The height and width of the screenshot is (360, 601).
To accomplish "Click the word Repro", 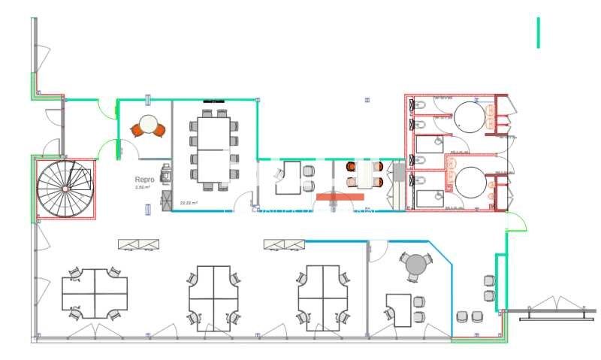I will (144, 180).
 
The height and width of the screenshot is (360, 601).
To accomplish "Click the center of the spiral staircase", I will (65, 188).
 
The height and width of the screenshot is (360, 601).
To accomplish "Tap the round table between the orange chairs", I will (149, 123).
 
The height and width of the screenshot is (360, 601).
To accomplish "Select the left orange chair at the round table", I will (137, 130).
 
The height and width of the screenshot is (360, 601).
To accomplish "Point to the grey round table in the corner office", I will (415, 265).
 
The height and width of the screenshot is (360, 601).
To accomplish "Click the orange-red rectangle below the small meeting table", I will (340, 197).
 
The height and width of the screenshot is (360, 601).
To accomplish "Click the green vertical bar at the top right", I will (538, 32).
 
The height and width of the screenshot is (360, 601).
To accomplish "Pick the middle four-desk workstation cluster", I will (213, 293).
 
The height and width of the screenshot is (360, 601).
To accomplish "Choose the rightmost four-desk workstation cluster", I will (323, 293).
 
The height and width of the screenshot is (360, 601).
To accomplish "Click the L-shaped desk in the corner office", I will (399, 309).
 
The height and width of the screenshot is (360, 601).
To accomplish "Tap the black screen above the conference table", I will (213, 101).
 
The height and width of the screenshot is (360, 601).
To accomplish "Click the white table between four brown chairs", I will (366, 175).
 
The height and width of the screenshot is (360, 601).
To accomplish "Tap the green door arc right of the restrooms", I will (515, 221).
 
